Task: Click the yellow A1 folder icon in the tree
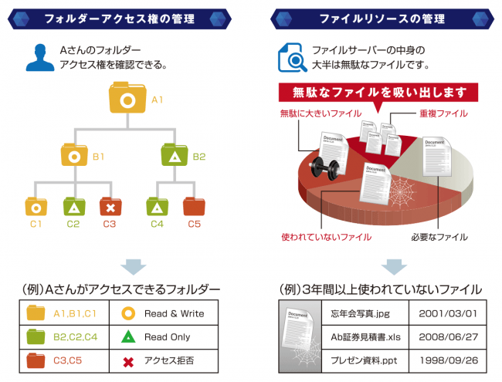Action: (127, 97)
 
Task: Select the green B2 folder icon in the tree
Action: (175, 155)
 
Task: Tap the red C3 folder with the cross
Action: (110, 207)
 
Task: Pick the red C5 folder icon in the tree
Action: (194, 207)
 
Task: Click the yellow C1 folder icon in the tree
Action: (36, 207)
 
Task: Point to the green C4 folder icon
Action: (158, 207)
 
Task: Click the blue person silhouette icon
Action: (40, 58)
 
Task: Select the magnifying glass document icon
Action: (292, 58)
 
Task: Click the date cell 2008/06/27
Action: (448, 337)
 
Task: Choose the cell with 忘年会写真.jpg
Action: (365, 313)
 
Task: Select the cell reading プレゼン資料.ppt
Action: (365, 360)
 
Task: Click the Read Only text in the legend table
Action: (167, 337)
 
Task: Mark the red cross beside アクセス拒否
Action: (128, 362)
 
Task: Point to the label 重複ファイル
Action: (443, 113)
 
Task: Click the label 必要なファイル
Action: (439, 237)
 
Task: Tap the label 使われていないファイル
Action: (326, 237)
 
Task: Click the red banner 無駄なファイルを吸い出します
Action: (378, 93)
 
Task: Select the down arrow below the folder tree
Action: (134, 267)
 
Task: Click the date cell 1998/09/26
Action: (448, 360)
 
